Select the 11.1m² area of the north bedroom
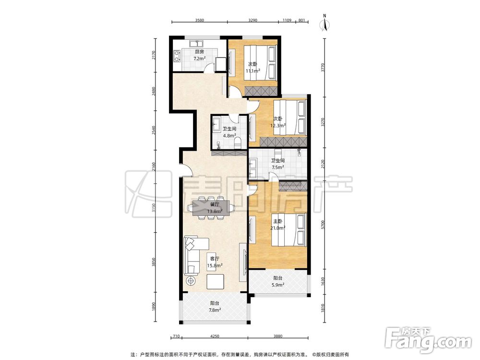[x=253, y=71]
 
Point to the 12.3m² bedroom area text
[x=278, y=125]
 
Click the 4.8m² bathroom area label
[x=229, y=135]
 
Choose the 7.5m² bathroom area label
[x=278, y=167]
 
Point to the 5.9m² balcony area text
[x=278, y=285]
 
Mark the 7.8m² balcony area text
[x=215, y=310]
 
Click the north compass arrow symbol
[x=325, y=24]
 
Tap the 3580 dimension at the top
[x=199, y=21]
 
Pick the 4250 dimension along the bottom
[x=215, y=336]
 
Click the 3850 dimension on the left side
[x=154, y=262]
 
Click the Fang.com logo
[x=429, y=339]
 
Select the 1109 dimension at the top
[x=287, y=21]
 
